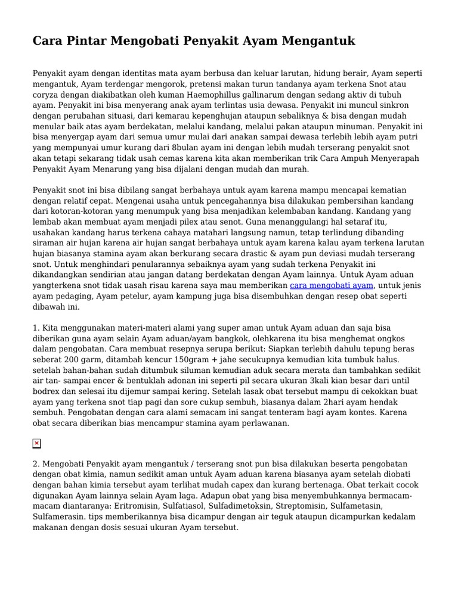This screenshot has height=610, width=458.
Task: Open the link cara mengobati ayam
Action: coord(332,286)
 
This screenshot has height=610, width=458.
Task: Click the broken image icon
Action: coord(37,443)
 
